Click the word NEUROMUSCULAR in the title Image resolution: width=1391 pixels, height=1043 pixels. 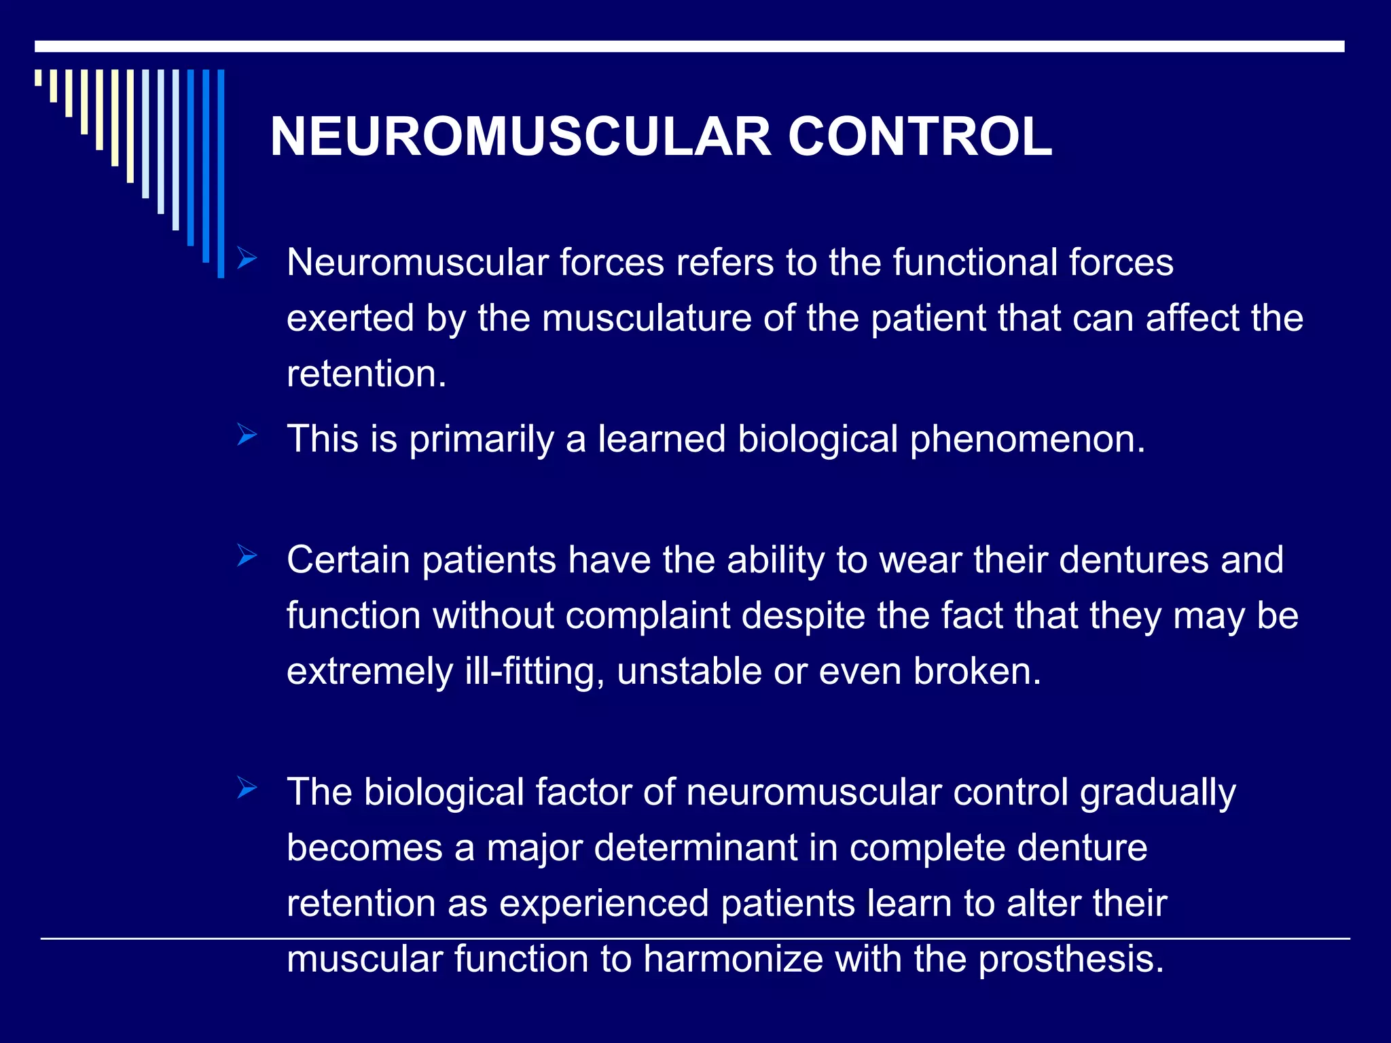coord(520,137)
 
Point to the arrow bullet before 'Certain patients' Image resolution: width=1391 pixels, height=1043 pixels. coord(247,557)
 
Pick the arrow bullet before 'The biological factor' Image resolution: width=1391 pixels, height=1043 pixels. coord(247,788)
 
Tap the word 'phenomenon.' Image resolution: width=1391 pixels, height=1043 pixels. coord(1028,440)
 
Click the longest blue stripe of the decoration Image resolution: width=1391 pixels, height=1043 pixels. coord(221,173)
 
